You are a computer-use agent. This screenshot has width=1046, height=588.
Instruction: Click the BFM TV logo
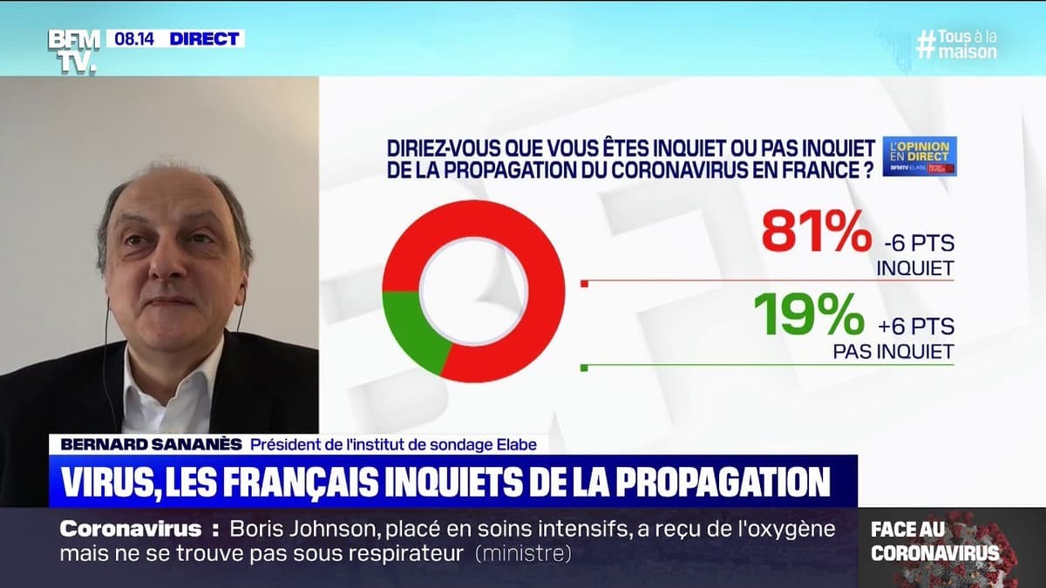[74, 50]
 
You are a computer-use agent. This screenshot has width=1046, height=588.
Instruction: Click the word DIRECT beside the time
[204, 39]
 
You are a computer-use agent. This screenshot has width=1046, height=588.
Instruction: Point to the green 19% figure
[808, 314]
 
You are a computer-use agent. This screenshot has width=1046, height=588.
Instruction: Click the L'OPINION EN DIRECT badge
[919, 156]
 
